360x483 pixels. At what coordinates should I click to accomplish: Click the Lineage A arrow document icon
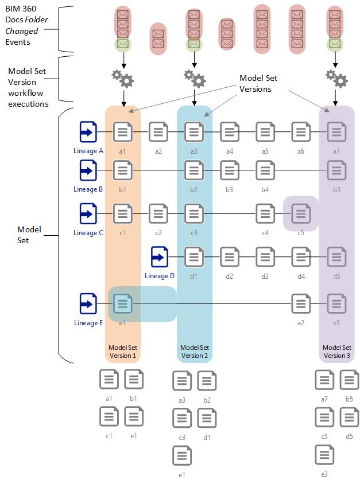(x=88, y=132)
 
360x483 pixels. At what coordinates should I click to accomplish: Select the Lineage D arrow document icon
(x=160, y=257)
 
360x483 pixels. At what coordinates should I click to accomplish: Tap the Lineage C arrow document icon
(x=88, y=214)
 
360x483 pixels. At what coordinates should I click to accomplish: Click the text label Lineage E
(x=88, y=323)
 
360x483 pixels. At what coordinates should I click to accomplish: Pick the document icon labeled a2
(x=158, y=132)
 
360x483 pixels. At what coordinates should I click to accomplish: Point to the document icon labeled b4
(x=265, y=170)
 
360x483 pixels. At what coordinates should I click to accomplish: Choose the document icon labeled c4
(x=265, y=214)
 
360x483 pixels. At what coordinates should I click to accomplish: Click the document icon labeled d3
(x=265, y=257)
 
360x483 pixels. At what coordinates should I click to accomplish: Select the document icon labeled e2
(x=301, y=303)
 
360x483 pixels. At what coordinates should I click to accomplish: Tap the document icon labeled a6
(x=301, y=132)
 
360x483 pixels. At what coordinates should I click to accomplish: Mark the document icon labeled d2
(x=230, y=257)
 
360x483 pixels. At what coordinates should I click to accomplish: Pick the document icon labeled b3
(x=230, y=170)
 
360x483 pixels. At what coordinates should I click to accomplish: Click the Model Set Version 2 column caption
(x=195, y=352)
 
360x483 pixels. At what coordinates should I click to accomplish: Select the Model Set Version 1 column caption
(x=123, y=352)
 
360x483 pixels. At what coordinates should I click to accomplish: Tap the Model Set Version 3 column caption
(x=336, y=352)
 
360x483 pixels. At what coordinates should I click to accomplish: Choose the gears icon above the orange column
(x=122, y=78)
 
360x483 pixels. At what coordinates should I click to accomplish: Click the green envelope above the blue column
(x=194, y=44)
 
